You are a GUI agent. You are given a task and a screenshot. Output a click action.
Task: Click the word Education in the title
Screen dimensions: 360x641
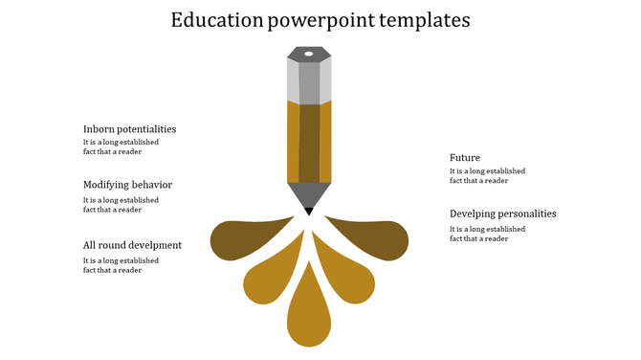tap(216, 20)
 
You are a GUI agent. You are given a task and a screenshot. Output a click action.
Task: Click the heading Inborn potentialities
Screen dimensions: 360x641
tap(129, 129)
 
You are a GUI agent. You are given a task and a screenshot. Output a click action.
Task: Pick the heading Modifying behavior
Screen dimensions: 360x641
tap(127, 185)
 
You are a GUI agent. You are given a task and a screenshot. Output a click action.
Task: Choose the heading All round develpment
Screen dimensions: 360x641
tap(132, 245)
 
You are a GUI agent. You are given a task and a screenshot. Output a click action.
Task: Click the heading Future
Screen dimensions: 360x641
tap(465, 158)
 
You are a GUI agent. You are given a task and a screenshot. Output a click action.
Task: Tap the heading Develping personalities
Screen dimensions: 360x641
tap(502, 214)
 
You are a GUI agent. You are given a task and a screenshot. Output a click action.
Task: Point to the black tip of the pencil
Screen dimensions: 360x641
tap(309, 211)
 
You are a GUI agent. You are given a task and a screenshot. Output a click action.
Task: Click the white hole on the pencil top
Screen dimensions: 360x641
tap(309, 53)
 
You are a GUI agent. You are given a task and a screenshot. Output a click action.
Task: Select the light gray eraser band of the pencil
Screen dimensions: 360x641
tap(309, 83)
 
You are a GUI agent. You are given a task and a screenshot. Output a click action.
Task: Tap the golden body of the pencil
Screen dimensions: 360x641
tap(309, 142)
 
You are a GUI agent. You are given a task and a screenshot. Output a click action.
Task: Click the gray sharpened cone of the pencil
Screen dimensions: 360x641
tap(309, 194)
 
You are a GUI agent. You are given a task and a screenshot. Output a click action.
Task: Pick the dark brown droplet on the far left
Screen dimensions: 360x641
tap(239, 238)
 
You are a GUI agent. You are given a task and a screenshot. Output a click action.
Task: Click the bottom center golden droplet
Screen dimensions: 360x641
tap(309, 311)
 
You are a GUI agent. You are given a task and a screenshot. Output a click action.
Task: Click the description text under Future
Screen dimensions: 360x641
tap(487, 175)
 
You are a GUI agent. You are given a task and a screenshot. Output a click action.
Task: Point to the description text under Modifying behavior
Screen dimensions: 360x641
tap(121, 205)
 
